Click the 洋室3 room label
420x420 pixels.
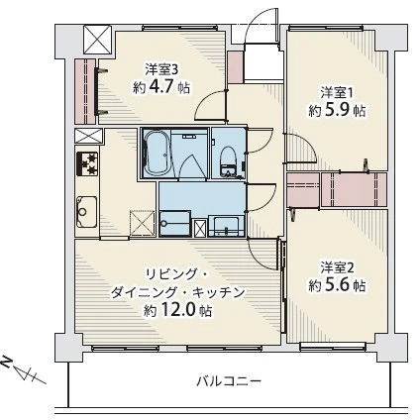pyautogui.click(x=161, y=69)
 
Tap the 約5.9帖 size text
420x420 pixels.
pyautogui.click(x=337, y=112)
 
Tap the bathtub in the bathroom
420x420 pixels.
pyautogui.click(x=158, y=154)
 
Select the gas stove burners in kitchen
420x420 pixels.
pyautogui.click(x=84, y=164)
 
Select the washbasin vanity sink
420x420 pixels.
pyautogui.click(x=227, y=225)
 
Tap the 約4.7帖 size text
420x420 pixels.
pyautogui.click(x=161, y=87)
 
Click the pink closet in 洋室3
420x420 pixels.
pyautogui.click(x=84, y=89)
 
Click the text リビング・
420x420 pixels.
pyautogui.click(x=176, y=272)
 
